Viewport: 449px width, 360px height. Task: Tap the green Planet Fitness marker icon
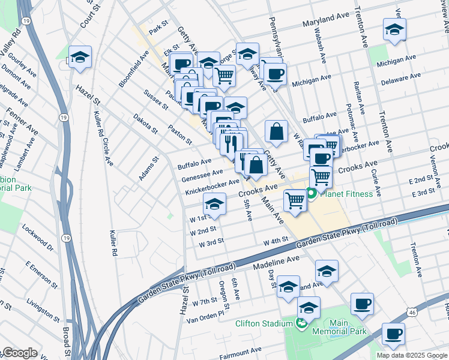click(x=312, y=194)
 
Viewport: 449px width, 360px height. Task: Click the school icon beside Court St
click(x=80, y=58)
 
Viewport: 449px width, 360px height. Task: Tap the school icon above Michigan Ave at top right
click(x=394, y=30)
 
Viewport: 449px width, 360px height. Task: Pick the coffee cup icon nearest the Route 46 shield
click(x=393, y=334)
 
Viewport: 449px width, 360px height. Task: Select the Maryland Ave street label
click(x=326, y=20)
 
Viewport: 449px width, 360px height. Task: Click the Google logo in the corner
click(x=20, y=353)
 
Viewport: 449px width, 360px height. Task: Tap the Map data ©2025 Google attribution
click(x=411, y=355)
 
